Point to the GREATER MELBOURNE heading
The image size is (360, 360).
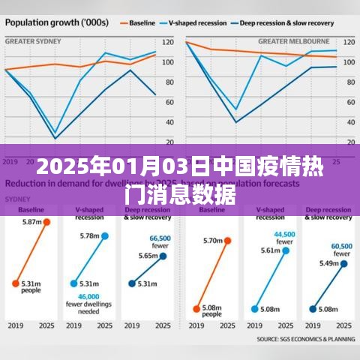[x=294, y=40]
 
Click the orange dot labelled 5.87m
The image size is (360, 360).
[x=46, y=222]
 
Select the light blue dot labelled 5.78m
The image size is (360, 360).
[x=105, y=235]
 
